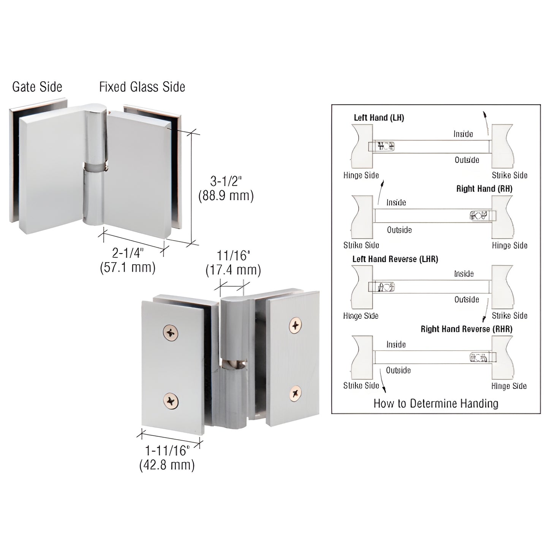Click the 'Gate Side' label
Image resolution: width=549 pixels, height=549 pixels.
click(37, 87)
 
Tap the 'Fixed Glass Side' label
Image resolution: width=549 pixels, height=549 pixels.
click(142, 87)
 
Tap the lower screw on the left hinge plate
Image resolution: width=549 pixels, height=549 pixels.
click(171, 400)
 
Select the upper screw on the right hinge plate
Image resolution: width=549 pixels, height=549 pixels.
click(296, 325)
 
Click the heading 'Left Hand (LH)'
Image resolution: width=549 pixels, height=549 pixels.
click(379, 118)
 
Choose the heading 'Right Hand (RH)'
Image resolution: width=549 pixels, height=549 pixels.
click(484, 189)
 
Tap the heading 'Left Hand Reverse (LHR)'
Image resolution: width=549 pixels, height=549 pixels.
click(395, 259)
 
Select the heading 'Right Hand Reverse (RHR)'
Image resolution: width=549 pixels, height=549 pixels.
click(466, 329)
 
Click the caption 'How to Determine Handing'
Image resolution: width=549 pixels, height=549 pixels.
click(436, 403)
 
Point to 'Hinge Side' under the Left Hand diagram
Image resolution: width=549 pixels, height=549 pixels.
click(361, 175)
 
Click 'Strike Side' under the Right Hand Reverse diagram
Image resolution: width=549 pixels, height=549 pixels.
click(361, 386)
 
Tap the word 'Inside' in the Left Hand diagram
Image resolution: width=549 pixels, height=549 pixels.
click(463, 134)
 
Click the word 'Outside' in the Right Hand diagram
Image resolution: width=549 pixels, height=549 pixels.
click(399, 230)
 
